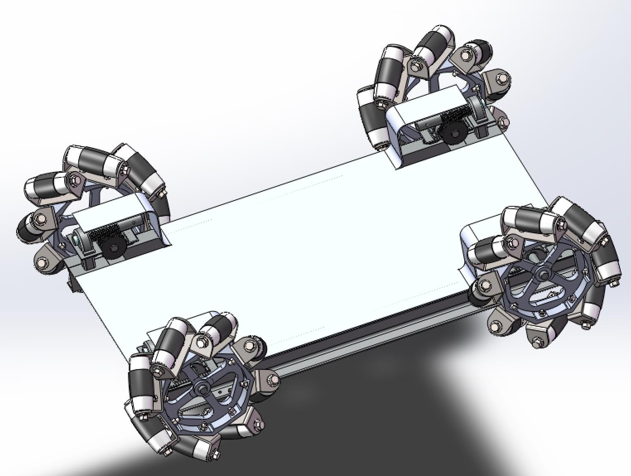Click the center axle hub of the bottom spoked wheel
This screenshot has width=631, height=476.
[x=202, y=388]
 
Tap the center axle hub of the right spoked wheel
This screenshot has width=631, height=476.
[x=542, y=274]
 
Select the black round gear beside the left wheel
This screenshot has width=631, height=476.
[x=113, y=247]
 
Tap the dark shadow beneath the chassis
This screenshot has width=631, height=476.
[x=352, y=414]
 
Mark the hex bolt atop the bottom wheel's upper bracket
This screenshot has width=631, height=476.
[x=201, y=342]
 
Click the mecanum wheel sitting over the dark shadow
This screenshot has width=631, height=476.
[x=195, y=385]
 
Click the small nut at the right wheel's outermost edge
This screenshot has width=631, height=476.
[x=614, y=283]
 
